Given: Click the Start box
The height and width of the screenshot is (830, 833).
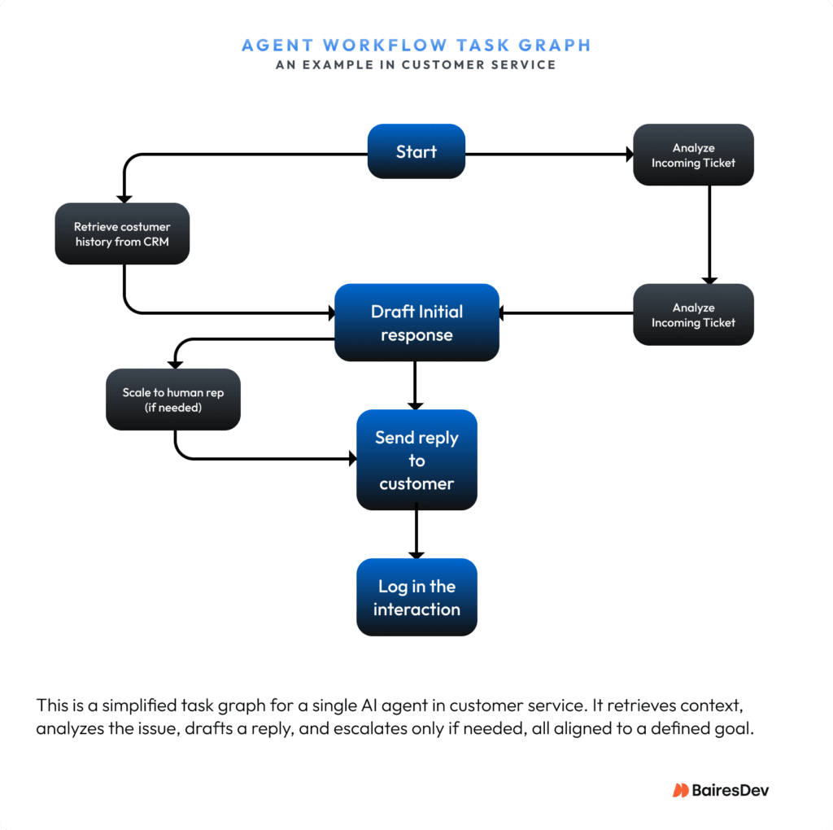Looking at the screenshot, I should [416, 151].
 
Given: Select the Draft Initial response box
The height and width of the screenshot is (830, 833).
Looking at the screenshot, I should [416, 323].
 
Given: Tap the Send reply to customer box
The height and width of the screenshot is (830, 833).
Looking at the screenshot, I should [416, 461].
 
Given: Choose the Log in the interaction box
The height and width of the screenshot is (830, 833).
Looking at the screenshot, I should [416, 597].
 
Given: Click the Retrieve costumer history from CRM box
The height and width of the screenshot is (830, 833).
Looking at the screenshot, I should [122, 234].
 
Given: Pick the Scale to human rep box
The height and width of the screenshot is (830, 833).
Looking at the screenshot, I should [172, 400].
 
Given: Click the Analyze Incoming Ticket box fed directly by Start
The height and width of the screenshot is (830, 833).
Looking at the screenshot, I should [693, 155].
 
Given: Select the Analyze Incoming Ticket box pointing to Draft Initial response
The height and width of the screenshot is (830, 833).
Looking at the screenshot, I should [693, 315].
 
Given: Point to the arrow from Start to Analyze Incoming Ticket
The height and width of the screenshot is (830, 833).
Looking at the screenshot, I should [549, 153].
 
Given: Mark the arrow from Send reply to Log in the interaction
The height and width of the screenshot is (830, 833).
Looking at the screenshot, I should [416, 534].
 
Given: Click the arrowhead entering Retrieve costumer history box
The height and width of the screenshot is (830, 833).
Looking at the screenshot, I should [124, 197].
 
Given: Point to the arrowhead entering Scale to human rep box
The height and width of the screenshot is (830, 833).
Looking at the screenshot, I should [174, 363].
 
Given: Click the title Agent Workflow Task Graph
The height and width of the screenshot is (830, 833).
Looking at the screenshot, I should [416, 45].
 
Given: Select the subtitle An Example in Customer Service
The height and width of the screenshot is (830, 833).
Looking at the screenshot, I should [416, 65].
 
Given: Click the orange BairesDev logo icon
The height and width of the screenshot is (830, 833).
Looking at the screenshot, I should [680, 790].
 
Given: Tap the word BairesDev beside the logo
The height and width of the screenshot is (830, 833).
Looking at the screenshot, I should [731, 790].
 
